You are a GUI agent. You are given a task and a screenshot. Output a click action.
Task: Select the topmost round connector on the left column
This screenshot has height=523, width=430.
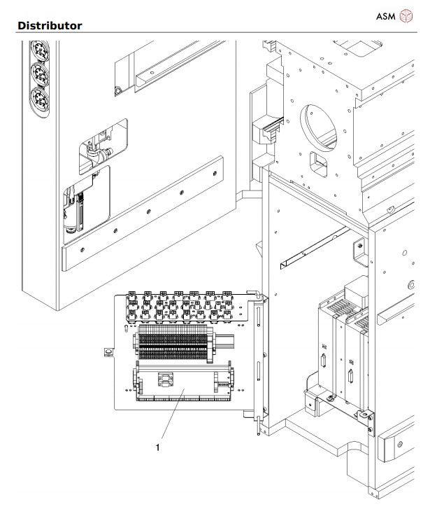(x=41, y=51)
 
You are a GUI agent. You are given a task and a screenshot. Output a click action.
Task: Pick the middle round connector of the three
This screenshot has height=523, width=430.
(x=41, y=74)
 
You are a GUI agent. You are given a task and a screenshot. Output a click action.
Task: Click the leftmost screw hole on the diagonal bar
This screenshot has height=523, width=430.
(x=83, y=249)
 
